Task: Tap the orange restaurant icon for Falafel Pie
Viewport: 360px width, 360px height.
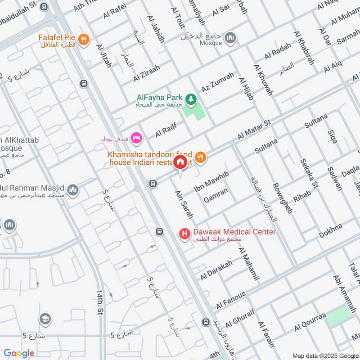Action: pos(83,40)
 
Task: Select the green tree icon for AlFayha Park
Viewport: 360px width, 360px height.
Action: pos(191,98)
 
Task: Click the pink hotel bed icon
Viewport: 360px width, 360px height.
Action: pos(138,137)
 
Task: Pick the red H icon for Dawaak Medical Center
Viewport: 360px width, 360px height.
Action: pos(184,234)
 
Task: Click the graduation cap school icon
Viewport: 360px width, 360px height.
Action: pos(45,319)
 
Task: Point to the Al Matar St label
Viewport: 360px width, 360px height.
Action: pos(254,129)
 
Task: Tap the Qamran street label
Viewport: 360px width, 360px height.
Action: pos(216,195)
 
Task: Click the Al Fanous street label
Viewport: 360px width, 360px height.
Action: pos(231,300)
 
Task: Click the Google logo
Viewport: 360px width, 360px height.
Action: pos(19,353)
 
